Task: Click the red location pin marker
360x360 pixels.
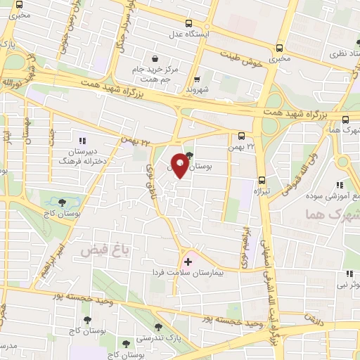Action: (180, 165)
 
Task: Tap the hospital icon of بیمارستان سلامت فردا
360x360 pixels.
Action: (187, 262)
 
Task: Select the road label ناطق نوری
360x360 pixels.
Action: (149, 179)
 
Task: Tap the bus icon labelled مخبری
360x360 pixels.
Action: (280, 49)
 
